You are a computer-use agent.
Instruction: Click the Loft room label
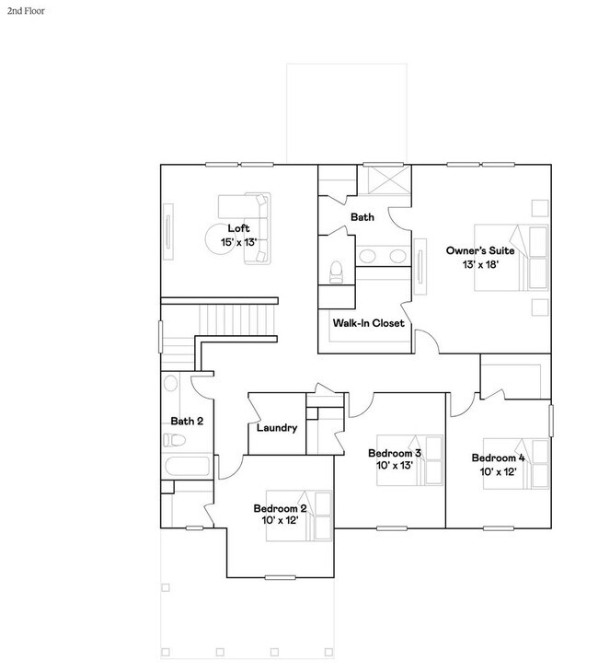(x=238, y=228)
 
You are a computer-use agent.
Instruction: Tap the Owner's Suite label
(x=480, y=250)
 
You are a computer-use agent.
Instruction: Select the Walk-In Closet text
(x=368, y=323)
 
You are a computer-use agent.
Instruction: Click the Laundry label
(x=277, y=428)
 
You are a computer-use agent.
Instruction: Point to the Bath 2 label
(x=187, y=422)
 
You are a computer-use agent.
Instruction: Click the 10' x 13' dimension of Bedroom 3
(x=395, y=466)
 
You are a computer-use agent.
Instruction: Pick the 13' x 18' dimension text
(x=480, y=265)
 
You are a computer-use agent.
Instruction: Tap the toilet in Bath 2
(x=174, y=440)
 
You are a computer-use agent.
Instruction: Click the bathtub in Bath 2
(x=187, y=467)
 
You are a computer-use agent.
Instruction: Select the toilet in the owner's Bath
(x=337, y=272)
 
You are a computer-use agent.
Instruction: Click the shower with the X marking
(x=385, y=180)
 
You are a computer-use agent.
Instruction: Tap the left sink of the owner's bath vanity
(x=367, y=256)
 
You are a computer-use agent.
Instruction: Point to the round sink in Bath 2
(x=170, y=383)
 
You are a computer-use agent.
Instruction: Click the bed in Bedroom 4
(x=516, y=464)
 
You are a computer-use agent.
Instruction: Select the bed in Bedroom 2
(x=299, y=516)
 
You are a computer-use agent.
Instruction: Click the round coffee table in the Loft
(x=220, y=240)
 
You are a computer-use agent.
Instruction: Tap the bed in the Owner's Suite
(x=511, y=258)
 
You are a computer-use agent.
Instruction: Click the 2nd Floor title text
(x=26, y=11)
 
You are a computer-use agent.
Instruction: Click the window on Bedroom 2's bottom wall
(x=281, y=578)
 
